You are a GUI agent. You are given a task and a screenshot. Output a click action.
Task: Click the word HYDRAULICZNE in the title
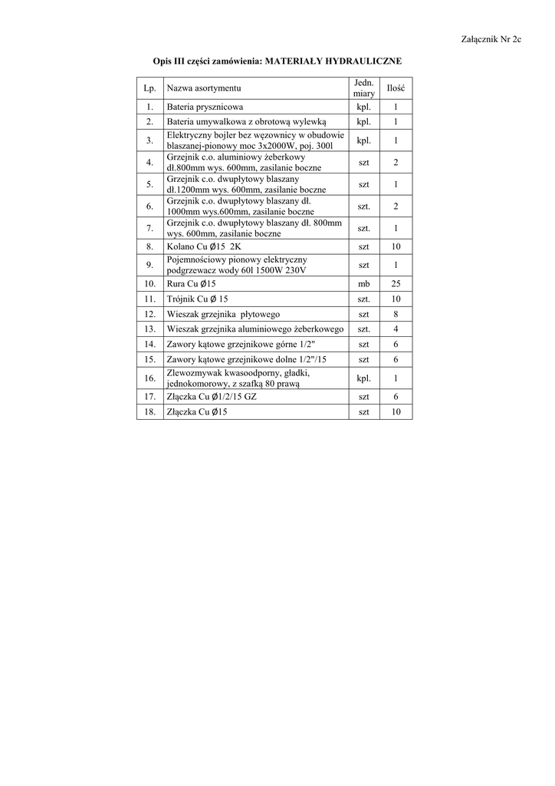362,60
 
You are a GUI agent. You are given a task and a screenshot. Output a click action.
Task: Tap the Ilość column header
396,89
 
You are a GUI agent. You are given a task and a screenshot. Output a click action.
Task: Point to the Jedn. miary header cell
363,88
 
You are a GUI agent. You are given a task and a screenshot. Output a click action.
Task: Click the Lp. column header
149,89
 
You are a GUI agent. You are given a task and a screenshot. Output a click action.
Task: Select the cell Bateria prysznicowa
205,107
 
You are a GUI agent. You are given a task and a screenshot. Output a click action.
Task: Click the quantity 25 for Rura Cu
396,284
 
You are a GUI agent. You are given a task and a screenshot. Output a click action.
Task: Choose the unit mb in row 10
363,284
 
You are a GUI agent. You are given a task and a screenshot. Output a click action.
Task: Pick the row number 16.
149,378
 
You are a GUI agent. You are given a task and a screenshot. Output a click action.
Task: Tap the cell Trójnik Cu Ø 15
198,299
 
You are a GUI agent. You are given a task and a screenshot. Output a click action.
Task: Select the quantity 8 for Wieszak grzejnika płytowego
396,314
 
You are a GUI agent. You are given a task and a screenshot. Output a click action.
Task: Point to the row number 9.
149,266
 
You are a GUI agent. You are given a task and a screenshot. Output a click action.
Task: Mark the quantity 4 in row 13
396,329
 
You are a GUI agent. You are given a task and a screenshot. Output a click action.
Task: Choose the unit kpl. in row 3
363,140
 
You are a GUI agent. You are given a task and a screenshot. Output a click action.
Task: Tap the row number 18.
149,412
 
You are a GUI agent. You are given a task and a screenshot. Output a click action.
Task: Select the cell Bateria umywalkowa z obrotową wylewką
246,122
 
